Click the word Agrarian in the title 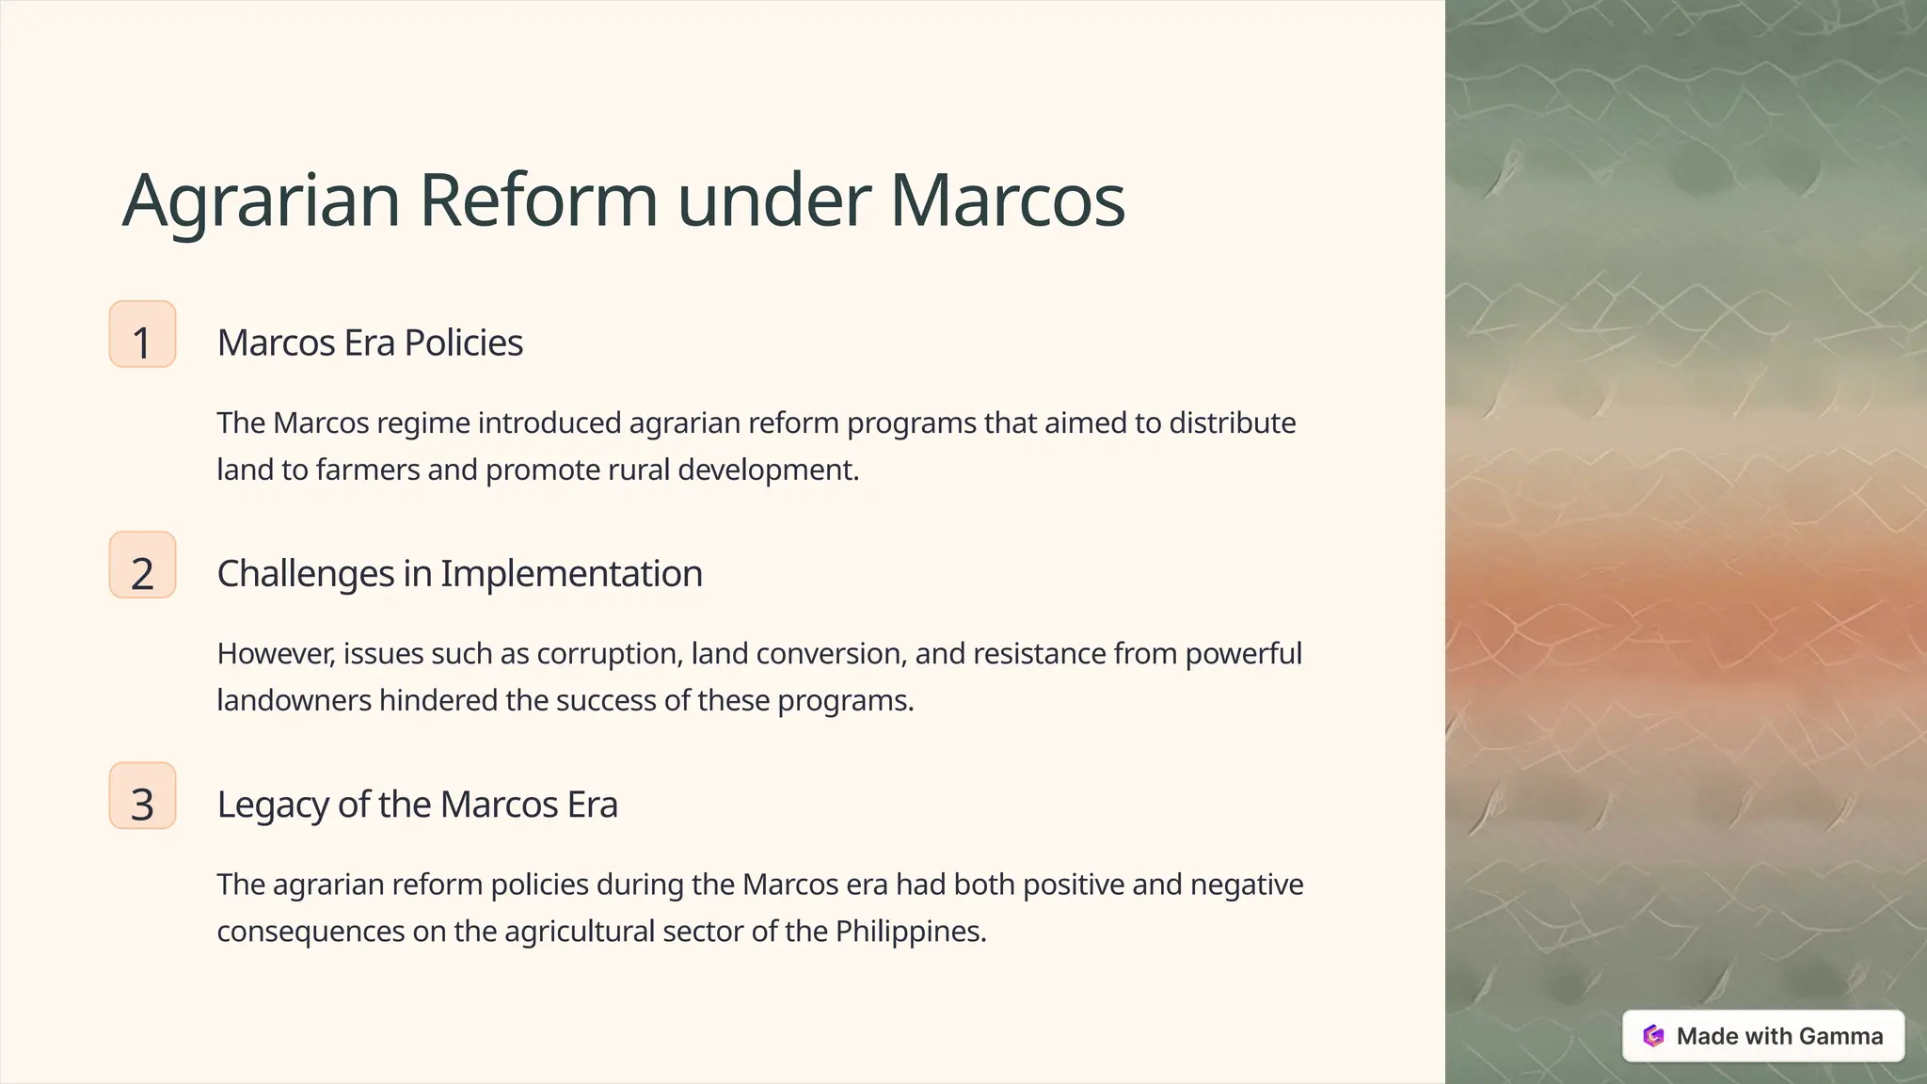click(262, 200)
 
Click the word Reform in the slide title click(537, 200)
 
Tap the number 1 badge click(142, 335)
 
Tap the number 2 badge click(142, 566)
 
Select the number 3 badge click(142, 796)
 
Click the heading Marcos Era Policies click(370, 343)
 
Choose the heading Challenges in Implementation click(459, 573)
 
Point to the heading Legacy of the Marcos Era click(417, 805)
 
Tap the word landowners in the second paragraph click(294, 701)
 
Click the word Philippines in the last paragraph click(910, 932)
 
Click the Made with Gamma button click(1763, 1036)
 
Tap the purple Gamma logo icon click(1653, 1036)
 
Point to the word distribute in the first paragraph click(1232, 423)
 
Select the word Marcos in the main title click(1007, 200)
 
